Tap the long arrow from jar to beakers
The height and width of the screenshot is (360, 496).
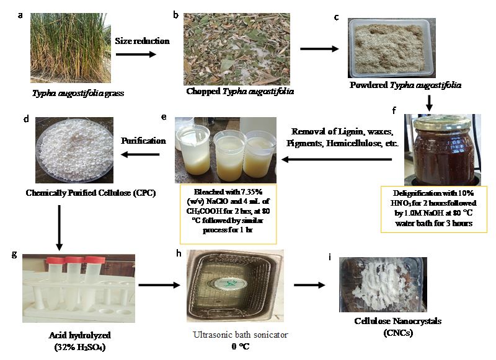point(337,160)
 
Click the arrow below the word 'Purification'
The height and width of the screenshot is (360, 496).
point(140,156)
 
